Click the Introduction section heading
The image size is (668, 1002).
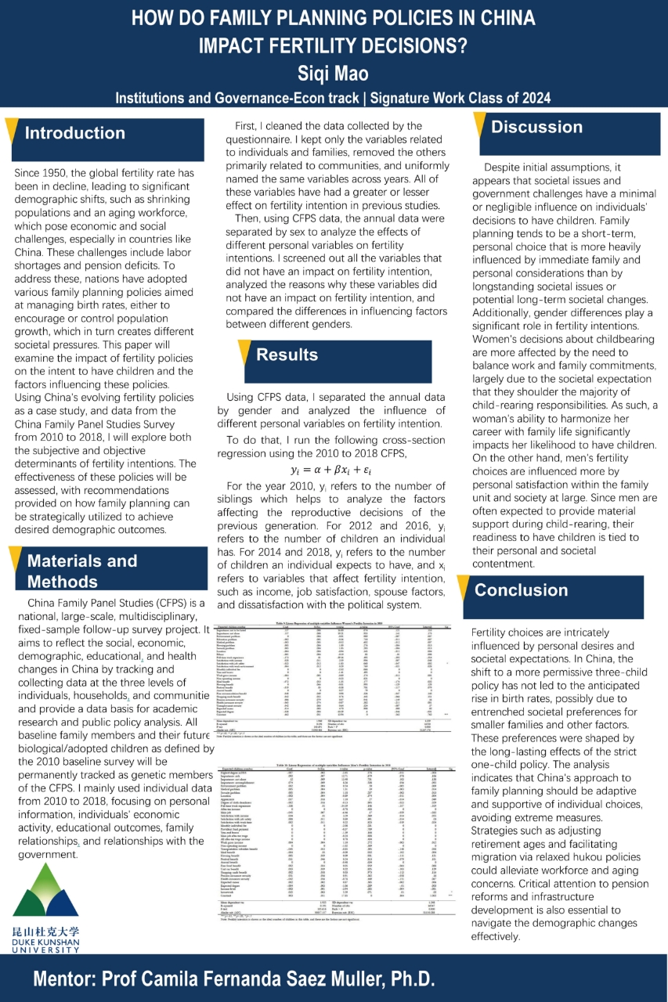point(74,133)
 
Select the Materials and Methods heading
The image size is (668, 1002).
point(82,571)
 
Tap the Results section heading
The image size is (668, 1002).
point(287,355)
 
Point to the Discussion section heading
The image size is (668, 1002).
point(536,127)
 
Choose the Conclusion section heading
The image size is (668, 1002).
point(521,590)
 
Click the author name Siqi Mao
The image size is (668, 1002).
point(333,74)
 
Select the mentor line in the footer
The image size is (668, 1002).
point(234,979)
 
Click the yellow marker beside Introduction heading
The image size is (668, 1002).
point(11,132)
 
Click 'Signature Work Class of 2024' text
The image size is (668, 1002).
point(460,98)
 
